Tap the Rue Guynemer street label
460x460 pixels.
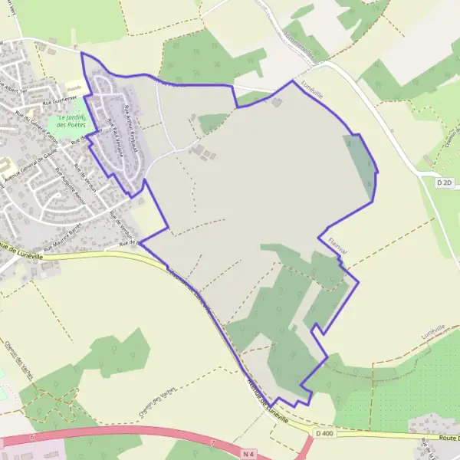tap(58, 97)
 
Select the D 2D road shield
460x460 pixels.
tap(445, 182)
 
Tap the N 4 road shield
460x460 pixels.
tap(246, 454)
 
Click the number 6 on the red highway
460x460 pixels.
tap(33, 437)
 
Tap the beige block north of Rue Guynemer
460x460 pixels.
tap(75, 87)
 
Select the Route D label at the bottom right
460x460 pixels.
tap(448, 438)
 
